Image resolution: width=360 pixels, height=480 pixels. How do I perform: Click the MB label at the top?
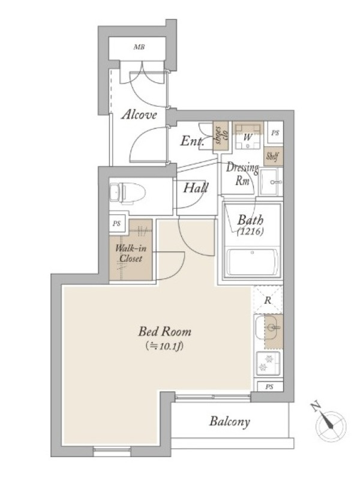(x=139, y=47)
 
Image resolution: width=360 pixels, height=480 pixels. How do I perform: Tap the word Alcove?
(x=139, y=115)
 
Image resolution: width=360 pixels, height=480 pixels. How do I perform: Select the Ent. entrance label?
(x=192, y=142)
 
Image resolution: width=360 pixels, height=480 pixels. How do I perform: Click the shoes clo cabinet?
(x=221, y=136)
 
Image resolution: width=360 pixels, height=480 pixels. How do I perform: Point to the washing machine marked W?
(x=248, y=136)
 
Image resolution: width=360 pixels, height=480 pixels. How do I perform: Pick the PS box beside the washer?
(x=275, y=133)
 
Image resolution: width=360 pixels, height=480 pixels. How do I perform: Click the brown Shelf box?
(x=273, y=157)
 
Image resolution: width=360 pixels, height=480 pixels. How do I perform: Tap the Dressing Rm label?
(x=242, y=174)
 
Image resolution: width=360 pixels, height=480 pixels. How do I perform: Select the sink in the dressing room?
(x=271, y=182)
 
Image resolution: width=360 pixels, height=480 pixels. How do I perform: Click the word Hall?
(x=196, y=188)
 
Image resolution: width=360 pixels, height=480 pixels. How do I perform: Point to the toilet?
(x=127, y=193)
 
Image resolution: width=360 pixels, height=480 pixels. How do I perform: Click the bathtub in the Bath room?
(x=253, y=263)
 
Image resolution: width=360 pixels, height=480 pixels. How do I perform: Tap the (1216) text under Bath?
(x=251, y=232)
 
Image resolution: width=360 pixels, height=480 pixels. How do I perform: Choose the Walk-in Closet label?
(x=131, y=253)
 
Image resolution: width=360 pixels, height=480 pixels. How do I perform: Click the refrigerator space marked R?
(x=268, y=299)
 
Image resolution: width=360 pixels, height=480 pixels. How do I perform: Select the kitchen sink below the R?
(x=269, y=328)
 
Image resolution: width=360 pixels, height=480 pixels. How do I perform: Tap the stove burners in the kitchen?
(x=268, y=363)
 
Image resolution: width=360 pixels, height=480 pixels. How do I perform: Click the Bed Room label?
(x=164, y=332)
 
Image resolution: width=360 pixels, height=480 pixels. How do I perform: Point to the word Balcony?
(x=230, y=422)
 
